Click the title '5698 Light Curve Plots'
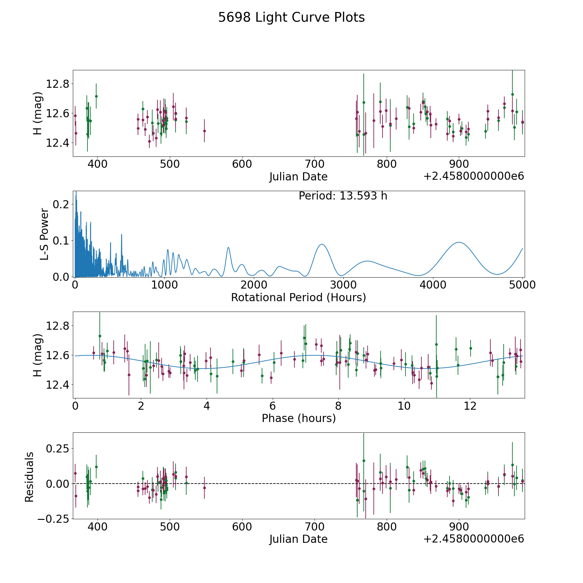coord(291,17)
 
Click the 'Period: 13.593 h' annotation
coord(343,196)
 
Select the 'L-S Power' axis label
coord(45,234)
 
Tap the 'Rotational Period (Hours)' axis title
coord(298,297)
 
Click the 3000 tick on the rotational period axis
coord(343,285)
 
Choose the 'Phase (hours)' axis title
coord(298,418)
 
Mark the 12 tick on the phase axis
coord(470,406)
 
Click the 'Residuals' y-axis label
coord(29,477)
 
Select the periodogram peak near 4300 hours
coord(459,242)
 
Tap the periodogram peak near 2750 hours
coord(322,244)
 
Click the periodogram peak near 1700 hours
coord(228,247)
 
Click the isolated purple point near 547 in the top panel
coord(204,131)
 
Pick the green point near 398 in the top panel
coord(96,96)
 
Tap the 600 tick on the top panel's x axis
coord(242,164)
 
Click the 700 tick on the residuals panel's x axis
coord(314,527)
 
